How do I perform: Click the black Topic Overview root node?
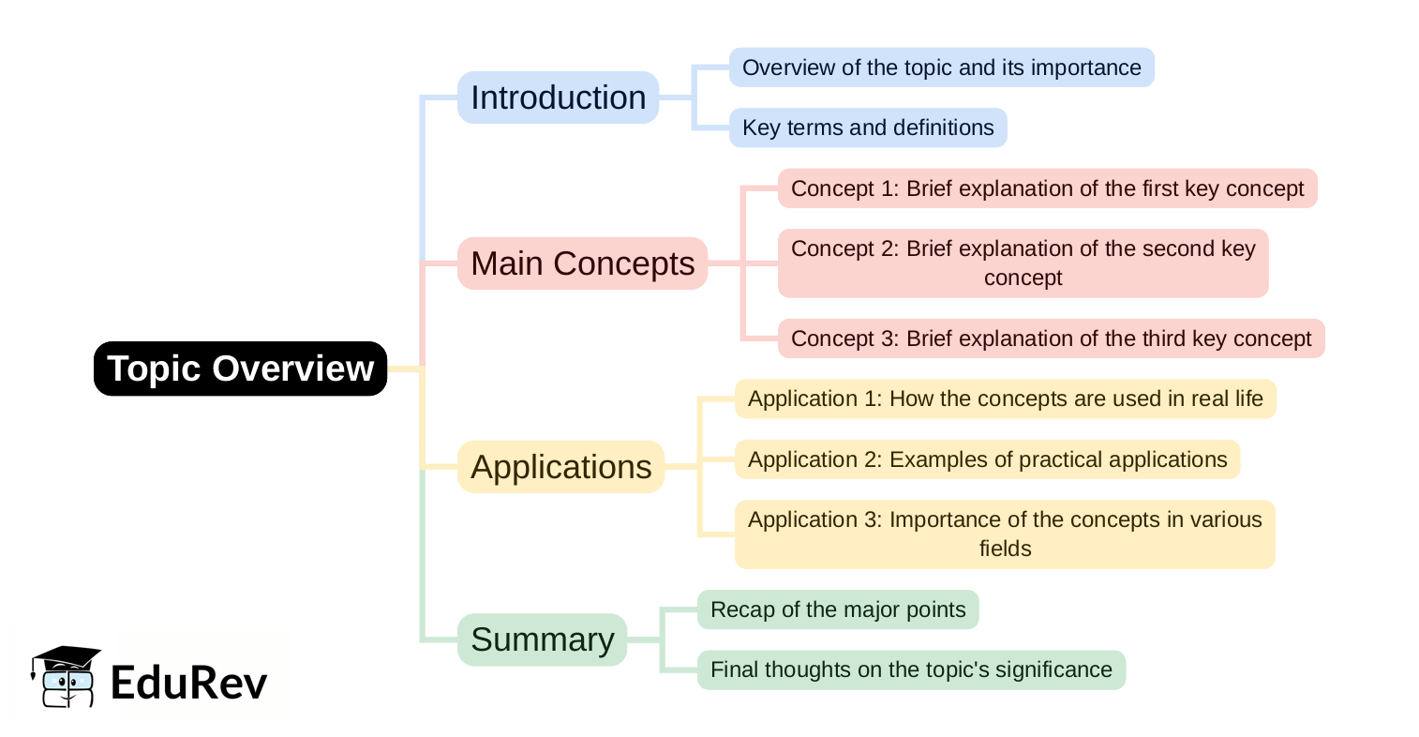click(x=240, y=368)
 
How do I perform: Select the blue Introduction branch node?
click(x=558, y=98)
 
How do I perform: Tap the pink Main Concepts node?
click(x=582, y=263)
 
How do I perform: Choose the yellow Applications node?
click(x=560, y=467)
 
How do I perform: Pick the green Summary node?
click(x=542, y=639)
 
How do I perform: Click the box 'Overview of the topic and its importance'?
click(x=941, y=68)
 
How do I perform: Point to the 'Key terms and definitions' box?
click(x=868, y=128)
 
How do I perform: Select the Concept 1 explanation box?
click(x=1047, y=188)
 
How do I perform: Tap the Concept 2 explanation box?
click(x=1023, y=263)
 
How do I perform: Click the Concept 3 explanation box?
click(x=1051, y=338)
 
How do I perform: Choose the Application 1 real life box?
click(x=1005, y=399)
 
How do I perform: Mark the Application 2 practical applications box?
click(x=987, y=459)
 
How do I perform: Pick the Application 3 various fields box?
click(x=1005, y=534)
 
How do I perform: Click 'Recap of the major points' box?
click(x=838, y=609)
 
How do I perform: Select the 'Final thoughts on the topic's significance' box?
click(x=911, y=669)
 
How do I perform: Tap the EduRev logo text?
click(x=188, y=683)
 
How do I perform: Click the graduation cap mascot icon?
click(x=66, y=675)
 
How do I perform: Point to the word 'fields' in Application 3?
click(x=1005, y=549)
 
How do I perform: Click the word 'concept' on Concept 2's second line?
click(x=1023, y=278)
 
